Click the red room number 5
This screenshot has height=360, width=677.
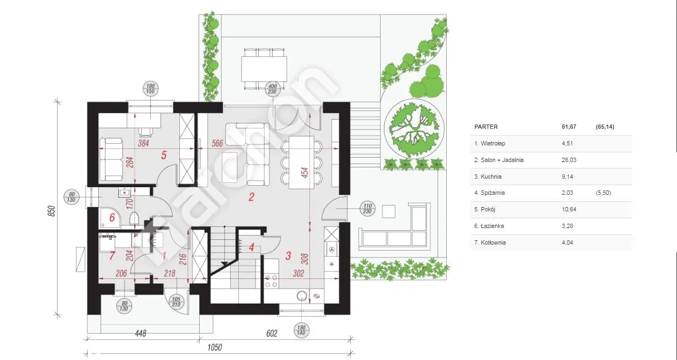pos(164,155)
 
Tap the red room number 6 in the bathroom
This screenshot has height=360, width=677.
pos(112,217)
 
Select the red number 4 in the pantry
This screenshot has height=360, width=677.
pos(251,247)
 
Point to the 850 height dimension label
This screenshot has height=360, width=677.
pos(52,211)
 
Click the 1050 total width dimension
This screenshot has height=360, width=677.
pos(215,348)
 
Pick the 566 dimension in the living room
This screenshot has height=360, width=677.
pos(217,143)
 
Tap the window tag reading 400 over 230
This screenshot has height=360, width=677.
pos(272,89)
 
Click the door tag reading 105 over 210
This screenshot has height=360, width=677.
pos(176,302)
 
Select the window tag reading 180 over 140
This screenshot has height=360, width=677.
pos(301,330)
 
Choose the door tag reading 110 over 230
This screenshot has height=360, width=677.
pos(368,209)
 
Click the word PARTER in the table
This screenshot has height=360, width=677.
pos(486,127)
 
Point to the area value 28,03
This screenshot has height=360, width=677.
pos(569,160)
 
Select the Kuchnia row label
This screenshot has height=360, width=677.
pos(488,177)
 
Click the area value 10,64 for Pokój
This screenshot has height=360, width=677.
pos(569,209)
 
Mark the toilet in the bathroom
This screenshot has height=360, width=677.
pos(134,219)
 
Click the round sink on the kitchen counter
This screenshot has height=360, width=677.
pos(302,296)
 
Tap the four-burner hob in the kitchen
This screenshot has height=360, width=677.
pos(271,281)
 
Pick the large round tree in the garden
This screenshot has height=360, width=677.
pos(414,129)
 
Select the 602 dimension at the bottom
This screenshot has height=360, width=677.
pos(272,333)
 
